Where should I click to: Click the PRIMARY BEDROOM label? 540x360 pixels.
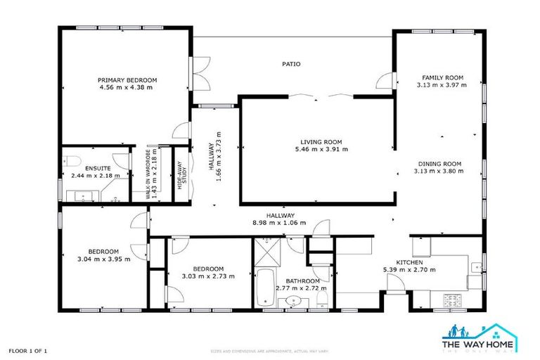click(127, 79)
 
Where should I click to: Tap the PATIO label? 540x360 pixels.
click(291, 64)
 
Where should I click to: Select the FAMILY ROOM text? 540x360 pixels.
click(442, 77)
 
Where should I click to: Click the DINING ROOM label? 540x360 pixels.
click(442, 163)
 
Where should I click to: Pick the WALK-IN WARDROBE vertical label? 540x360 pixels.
click(150, 174)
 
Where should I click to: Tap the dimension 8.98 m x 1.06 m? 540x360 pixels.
click(280, 223)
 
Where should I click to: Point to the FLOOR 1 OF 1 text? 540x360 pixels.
click(28, 349)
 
